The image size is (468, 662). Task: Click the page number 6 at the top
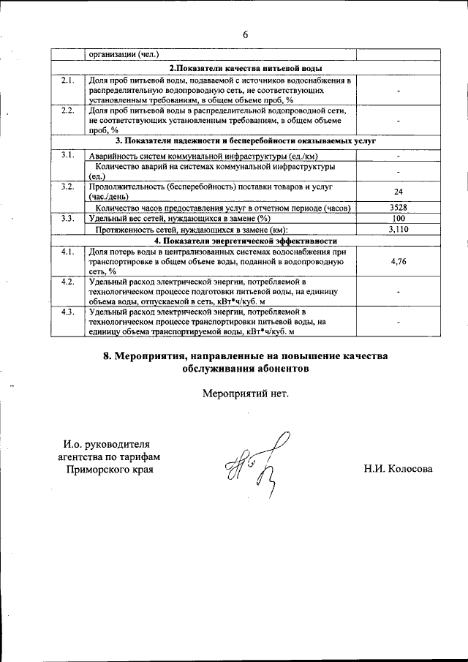point(246,34)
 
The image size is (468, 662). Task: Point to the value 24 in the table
point(399,192)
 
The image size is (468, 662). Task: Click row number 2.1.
point(68,80)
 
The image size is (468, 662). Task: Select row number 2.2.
point(68,110)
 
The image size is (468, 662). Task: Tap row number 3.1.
point(68,154)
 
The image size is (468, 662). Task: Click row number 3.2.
point(68,187)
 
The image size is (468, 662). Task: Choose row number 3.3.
point(68,219)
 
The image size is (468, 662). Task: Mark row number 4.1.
point(68,252)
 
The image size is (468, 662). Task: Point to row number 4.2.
point(68,282)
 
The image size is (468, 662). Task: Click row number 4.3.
point(68,312)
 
